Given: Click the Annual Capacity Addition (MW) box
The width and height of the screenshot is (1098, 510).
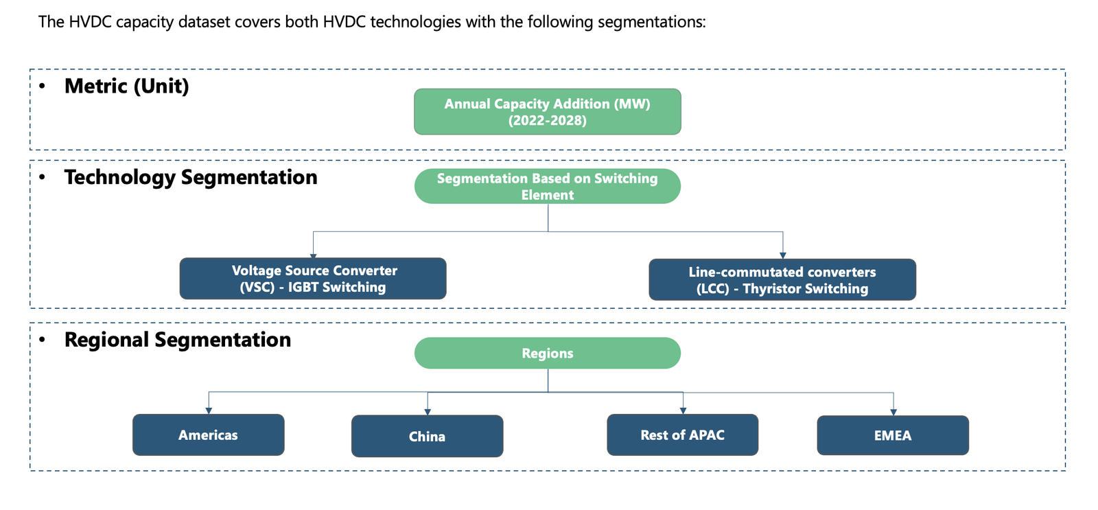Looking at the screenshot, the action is point(548,112).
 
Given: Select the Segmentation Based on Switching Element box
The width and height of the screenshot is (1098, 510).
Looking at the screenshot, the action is point(548,186).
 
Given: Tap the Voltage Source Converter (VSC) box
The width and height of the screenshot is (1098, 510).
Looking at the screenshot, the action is point(313,279).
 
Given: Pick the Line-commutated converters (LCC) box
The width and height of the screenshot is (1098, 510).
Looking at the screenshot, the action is point(782,279).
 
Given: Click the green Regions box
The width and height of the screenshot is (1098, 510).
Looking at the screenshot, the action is point(548,353).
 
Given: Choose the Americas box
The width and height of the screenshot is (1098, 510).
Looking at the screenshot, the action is point(209,435).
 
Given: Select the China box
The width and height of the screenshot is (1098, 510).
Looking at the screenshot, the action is point(428,436).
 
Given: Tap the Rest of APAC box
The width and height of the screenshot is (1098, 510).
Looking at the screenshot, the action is point(683,435).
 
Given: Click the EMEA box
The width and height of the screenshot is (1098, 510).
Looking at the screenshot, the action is point(893,435).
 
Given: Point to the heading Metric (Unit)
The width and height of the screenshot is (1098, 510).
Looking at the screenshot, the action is point(126,86).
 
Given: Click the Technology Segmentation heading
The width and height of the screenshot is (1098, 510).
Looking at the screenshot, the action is point(191,178).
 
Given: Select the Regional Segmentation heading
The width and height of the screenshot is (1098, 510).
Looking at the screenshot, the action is point(178,340).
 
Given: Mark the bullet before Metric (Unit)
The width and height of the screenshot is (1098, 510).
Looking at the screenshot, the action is point(42,86).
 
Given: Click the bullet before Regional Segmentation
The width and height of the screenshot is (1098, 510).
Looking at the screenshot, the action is point(42,339).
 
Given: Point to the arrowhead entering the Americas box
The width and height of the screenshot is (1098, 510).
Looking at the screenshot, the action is point(209,411).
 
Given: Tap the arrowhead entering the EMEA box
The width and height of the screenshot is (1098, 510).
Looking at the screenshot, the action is point(893,413).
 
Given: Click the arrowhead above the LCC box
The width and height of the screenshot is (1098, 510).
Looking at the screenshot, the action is point(783,255).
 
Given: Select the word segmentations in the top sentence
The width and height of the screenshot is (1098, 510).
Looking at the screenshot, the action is point(652,23).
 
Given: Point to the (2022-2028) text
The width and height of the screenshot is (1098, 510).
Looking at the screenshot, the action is point(548,121).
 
